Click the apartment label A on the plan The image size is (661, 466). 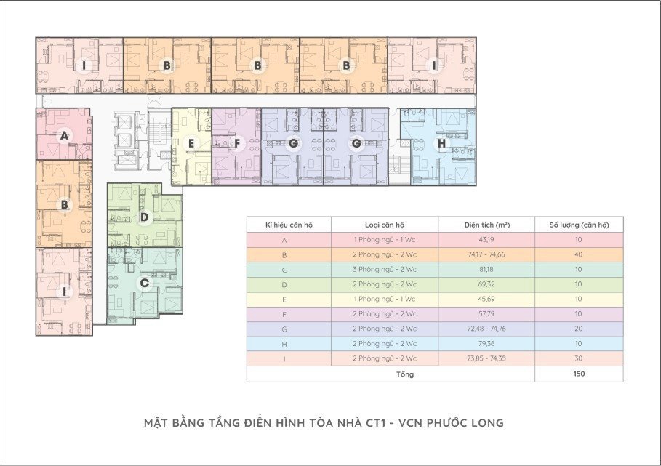(64, 136)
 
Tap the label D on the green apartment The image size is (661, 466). (144, 217)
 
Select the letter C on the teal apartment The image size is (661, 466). (144, 283)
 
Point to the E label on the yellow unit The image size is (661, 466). (191, 144)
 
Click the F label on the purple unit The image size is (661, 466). (237, 144)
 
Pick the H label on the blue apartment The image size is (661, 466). (442, 144)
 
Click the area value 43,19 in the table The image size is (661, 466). (486, 240)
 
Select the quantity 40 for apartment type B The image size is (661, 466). (578, 254)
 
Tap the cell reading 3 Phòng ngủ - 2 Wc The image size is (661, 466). (385, 269)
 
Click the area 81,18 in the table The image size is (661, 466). (486, 269)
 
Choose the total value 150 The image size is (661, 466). (579, 374)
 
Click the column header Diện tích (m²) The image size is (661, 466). (487, 225)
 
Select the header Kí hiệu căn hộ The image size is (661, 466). (289, 225)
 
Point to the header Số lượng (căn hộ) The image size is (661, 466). (579, 225)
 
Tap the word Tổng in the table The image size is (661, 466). (405, 374)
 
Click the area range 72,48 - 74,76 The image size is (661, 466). (486, 329)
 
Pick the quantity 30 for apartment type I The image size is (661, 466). (578, 358)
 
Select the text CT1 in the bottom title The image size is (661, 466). (376, 422)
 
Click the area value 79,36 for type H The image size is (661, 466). (486, 344)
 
